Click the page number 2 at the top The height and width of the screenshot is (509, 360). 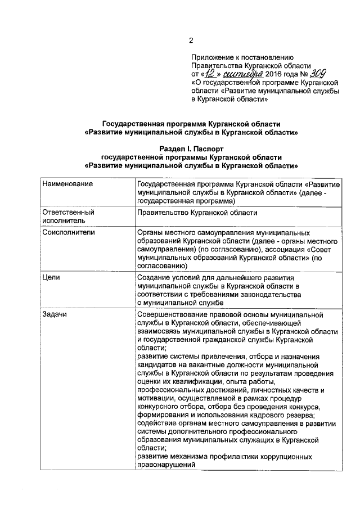191,40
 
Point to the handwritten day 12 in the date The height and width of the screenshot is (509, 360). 210,73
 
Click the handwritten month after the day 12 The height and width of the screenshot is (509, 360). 242,73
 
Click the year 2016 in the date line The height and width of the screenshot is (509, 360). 273,74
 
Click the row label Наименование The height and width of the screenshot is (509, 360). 68,184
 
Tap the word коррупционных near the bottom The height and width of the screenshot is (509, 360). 276,457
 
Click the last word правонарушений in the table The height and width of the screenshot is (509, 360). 166,466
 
